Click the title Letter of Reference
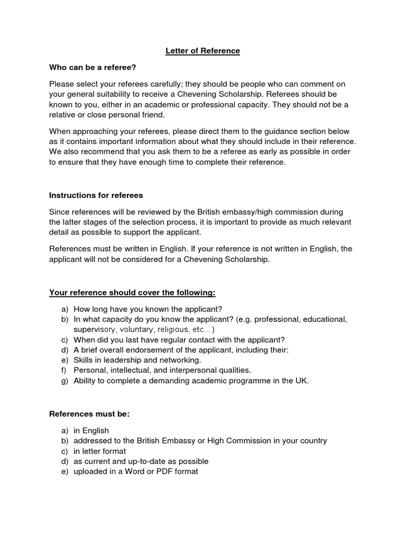[203, 51]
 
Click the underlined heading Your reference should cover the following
[132, 292]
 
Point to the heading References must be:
[89, 413]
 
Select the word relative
[63, 114]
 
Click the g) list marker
[64, 380]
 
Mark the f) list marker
[64, 370]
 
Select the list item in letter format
[99, 451]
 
